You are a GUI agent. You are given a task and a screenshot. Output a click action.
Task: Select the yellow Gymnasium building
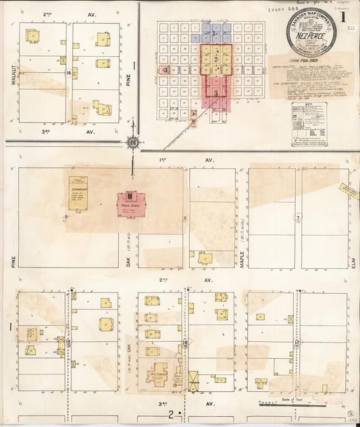pyautogui.click(x=78, y=193)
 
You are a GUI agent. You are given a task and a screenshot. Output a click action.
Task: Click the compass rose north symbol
pyautogui.click(x=133, y=143)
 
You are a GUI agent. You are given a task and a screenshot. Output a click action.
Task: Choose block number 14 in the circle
pyautogui.click(x=69, y=72)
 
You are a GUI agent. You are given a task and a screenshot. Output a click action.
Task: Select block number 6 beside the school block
pyautogui.click(x=185, y=218)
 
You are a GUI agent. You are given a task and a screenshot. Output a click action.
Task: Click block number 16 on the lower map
pyautogui.click(x=185, y=343)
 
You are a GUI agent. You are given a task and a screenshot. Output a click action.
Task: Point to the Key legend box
pyautogui.click(x=309, y=124)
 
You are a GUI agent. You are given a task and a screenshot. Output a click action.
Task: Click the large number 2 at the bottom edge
pyautogui.click(x=172, y=413)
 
